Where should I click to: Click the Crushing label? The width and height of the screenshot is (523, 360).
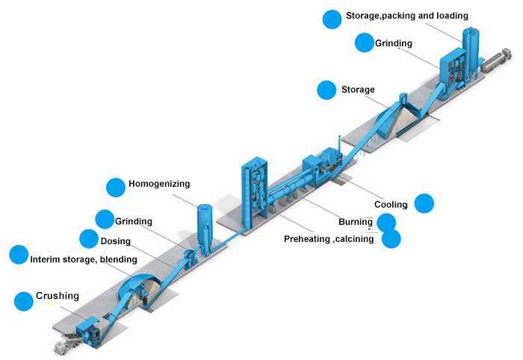click(x=58, y=297)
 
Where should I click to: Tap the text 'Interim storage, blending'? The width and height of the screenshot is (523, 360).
click(x=84, y=259)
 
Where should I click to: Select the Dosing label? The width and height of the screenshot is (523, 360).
click(x=115, y=241)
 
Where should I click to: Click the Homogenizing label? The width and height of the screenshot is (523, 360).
click(x=159, y=184)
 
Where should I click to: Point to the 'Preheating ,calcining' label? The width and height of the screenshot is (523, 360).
click(x=329, y=239)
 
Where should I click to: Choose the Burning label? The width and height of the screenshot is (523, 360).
click(x=355, y=222)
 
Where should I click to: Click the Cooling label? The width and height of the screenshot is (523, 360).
click(x=391, y=204)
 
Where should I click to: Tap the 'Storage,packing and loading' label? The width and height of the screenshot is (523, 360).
click(x=406, y=15)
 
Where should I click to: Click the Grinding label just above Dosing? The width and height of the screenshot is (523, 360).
click(x=134, y=221)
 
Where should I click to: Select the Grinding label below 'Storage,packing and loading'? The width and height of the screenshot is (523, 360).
click(x=394, y=43)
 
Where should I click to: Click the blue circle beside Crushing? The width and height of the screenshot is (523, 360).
click(x=24, y=302)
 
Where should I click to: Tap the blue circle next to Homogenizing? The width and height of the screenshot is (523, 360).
click(x=115, y=187)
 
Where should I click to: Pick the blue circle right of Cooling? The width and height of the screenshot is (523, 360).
click(x=424, y=202)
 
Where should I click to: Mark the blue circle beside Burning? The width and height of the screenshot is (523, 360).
click(x=386, y=222)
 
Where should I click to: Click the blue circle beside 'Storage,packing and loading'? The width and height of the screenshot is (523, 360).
click(x=332, y=19)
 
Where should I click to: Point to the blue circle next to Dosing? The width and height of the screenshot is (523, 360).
click(x=89, y=239)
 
